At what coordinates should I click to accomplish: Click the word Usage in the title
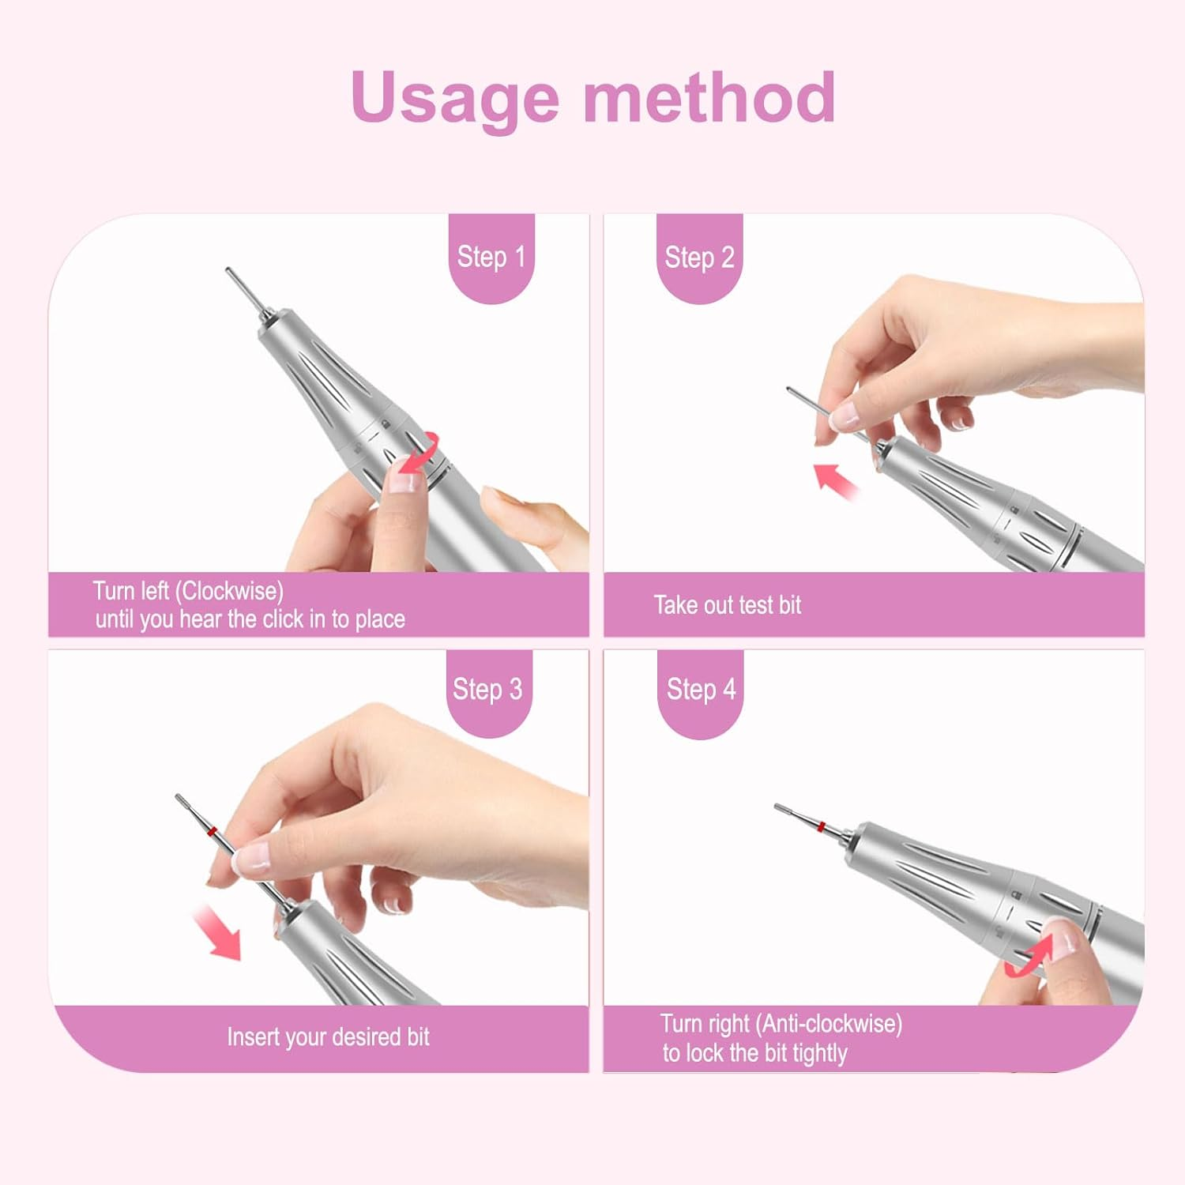tap(455, 98)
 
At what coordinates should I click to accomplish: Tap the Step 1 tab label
tap(491, 257)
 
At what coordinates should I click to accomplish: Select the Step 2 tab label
tap(699, 258)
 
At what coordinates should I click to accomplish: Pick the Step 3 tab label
tap(487, 690)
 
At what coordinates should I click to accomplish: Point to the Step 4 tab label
tap(701, 690)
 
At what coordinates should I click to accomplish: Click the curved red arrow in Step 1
tap(419, 455)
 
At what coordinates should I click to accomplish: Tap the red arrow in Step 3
tap(217, 932)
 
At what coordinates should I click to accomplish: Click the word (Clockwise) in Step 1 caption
tap(229, 591)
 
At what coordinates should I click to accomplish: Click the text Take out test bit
tap(727, 605)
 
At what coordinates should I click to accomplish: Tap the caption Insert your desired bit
tap(328, 1036)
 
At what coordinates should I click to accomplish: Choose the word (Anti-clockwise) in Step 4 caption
tap(829, 1024)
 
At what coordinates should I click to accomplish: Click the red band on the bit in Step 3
tap(211, 831)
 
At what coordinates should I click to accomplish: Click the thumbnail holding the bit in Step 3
tap(254, 856)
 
